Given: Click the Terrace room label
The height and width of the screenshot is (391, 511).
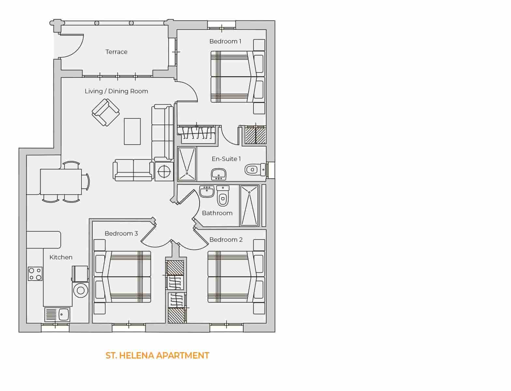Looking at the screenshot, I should click(116, 52).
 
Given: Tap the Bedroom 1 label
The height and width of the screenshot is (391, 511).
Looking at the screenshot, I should click(225, 41).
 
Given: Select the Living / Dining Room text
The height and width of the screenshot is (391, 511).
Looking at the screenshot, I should click(116, 91).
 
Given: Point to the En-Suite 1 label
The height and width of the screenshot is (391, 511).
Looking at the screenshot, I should click(226, 159).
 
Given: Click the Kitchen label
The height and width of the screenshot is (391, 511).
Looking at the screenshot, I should click(61, 257).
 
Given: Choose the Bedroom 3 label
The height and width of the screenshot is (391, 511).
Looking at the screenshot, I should click(121, 234).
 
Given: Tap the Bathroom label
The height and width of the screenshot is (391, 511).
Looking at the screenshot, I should click(217, 213).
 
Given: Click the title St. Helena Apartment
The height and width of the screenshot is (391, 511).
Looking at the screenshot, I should click(157, 355).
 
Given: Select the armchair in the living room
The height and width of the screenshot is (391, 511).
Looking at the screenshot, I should click(106, 112).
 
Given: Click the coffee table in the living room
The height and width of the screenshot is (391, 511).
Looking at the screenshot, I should click(132, 131).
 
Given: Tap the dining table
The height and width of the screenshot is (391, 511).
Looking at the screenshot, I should click(61, 181).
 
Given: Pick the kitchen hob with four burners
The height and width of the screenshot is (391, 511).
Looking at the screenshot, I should click(35, 274).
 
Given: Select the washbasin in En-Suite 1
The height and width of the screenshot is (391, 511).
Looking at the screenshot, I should click(219, 174).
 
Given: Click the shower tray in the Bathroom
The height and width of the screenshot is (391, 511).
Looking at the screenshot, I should click(249, 206).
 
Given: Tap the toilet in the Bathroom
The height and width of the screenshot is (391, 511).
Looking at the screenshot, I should click(223, 196).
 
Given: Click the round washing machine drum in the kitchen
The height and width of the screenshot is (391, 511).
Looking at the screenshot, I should click(80, 290).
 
